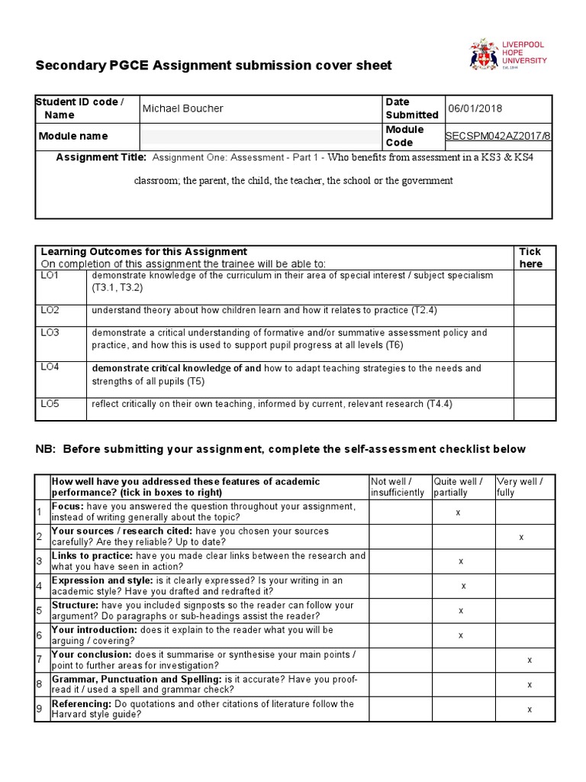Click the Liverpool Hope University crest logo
click(x=483, y=56)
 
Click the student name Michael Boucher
click(x=183, y=108)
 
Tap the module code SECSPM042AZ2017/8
click(x=497, y=136)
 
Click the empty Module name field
click(x=259, y=137)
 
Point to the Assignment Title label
click(x=101, y=157)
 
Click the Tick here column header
click(x=530, y=257)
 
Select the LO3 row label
click(x=50, y=333)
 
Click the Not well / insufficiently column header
click(x=397, y=486)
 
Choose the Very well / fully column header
click(x=520, y=486)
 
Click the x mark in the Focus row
click(x=458, y=512)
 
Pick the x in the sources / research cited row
click(x=521, y=537)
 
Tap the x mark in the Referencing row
click(x=530, y=709)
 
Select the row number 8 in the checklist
click(x=40, y=685)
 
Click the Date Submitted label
click(x=412, y=108)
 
